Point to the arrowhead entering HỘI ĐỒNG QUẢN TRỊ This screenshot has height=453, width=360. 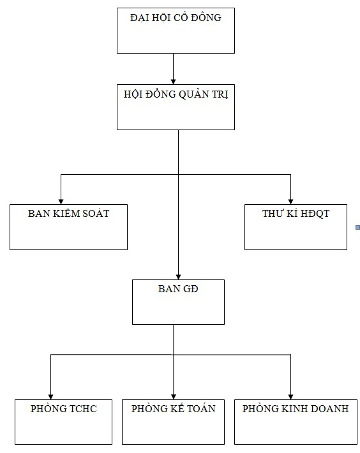[174, 82]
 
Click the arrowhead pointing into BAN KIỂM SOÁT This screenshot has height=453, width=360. [61, 202]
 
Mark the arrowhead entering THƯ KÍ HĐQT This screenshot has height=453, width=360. [290, 202]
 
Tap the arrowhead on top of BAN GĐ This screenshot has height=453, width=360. [178, 277]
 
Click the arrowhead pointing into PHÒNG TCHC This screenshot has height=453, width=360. [51, 397]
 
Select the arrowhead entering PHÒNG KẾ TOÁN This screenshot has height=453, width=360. [174, 397]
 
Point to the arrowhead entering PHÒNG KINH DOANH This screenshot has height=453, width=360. [290, 397]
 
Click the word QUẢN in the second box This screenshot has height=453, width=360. [194, 94]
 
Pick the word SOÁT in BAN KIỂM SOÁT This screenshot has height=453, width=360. [96, 214]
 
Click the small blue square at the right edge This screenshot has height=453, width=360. [357, 228]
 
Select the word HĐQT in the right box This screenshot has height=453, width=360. [315, 214]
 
